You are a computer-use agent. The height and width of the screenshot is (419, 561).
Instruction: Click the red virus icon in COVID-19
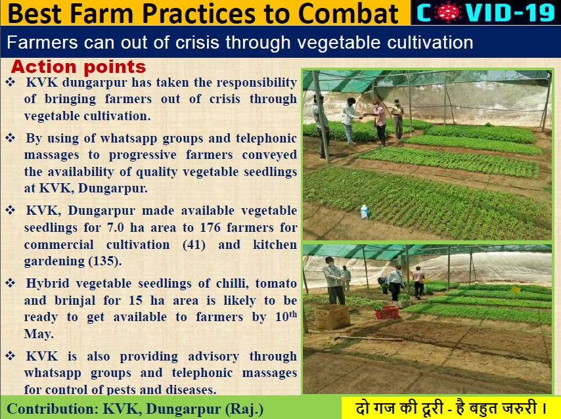tap(447, 12)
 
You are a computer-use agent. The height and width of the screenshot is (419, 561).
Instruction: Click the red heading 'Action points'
tap(78, 67)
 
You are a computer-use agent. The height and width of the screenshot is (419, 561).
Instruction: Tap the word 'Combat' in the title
tap(348, 14)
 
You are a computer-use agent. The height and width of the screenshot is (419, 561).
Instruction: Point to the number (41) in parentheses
tap(194, 245)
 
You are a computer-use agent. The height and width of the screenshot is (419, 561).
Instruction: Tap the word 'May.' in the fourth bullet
tap(39, 334)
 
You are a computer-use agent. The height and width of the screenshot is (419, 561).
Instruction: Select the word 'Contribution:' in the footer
tap(53, 408)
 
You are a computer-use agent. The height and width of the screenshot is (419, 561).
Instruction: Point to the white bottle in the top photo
tap(364, 212)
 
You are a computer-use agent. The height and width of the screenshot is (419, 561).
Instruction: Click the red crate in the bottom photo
tap(387, 312)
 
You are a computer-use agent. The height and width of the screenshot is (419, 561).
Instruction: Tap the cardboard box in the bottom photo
tap(332, 317)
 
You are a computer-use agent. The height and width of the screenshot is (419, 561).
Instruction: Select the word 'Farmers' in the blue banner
tap(42, 43)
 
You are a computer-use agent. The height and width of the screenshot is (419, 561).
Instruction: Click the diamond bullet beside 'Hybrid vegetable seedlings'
tap(11, 283)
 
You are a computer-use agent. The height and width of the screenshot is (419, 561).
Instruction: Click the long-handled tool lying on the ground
tap(369, 338)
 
